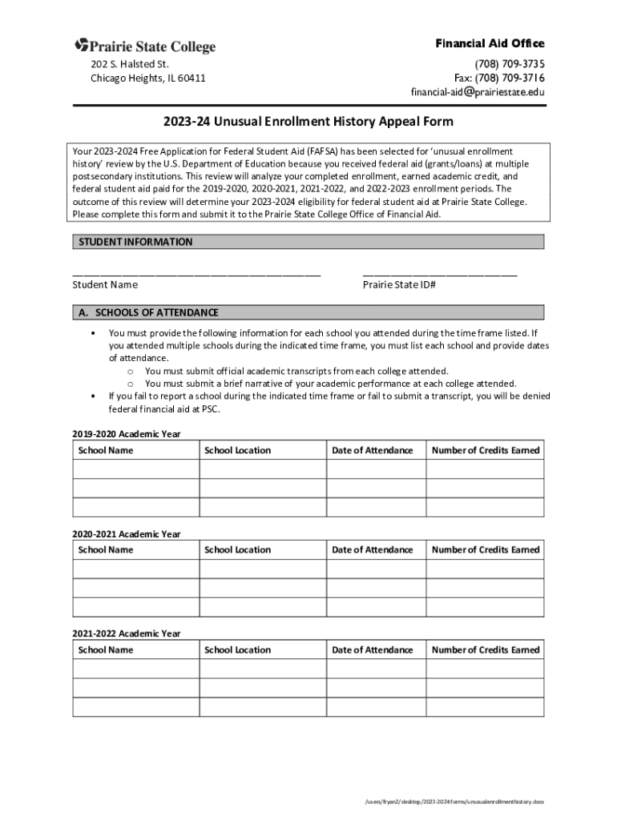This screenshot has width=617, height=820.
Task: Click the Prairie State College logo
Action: click(x=145, y=46)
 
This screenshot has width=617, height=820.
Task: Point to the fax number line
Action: click(x=499, y=78)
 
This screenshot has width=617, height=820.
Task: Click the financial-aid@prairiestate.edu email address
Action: click(x=478, y=92)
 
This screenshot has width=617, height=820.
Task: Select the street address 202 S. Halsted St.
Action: click(x=129, y=63)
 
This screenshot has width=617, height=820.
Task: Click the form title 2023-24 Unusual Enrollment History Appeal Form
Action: click(x=308, y=122)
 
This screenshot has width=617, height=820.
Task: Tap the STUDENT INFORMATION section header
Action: click(x=135, y=242)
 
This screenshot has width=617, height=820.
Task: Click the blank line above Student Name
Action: click(x=196, y=273)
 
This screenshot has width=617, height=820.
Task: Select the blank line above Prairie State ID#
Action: click(x=439, y=273)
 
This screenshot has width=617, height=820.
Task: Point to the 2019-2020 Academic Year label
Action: click(x=126, y=434)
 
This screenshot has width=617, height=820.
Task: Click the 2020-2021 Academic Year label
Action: click(x=126, y=534)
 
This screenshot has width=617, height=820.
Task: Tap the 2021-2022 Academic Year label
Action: click(x=126, y=633)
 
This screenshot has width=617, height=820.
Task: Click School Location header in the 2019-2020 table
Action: click(x=238, y=450)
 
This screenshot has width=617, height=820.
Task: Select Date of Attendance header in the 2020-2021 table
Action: click(x=373, y=549)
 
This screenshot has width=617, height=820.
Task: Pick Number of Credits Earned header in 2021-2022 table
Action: click(x=486, y=649)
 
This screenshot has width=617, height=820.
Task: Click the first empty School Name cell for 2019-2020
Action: click(x=135, y=469)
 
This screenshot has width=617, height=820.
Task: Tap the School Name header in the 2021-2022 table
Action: click(x=106, y=649)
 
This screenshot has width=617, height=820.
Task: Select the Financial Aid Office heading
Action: click(x=490, y=43)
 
